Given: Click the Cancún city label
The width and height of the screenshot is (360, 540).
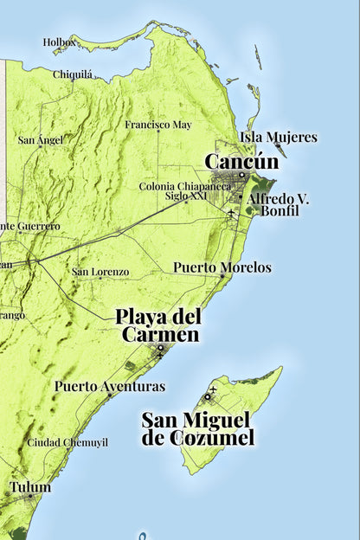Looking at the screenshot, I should (x=241, y=162).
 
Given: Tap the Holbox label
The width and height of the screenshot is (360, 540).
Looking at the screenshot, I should (x=60, y=42).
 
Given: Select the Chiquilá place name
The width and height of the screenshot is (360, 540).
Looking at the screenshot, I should (x=73, y=74).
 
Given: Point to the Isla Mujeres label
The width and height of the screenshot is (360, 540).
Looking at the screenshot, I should (x=279, y=137).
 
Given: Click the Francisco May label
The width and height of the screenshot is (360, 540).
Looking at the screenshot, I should (x=157, y=125).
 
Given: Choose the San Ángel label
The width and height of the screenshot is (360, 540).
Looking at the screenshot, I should (x=41, y=139).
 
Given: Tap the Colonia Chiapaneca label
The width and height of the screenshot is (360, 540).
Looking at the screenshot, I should (x=184, y=186).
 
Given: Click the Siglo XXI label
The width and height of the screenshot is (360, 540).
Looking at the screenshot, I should (x=188, y=196).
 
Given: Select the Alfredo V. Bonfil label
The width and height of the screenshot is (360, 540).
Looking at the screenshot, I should (x=279, y=204).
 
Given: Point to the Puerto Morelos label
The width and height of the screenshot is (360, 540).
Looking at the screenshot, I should (x=222, y=267).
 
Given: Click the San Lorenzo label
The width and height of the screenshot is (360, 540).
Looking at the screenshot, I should (x=100, y=272).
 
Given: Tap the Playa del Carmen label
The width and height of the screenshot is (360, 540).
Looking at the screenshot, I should (x=160, y=325).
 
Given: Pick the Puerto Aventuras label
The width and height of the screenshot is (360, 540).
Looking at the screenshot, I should (x=109, y=386).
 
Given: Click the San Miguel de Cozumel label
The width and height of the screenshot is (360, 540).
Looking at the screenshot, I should (x=198, y=429).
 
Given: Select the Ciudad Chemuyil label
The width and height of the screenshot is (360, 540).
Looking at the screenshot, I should (x=67, y=442).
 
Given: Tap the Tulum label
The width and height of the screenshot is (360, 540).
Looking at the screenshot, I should (x=30, y=487).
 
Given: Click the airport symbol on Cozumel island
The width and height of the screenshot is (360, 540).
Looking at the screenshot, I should (x=209, y=396).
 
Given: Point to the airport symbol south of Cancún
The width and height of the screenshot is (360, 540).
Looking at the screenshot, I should (x=232, y=213).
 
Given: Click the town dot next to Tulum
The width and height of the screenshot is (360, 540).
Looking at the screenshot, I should (x=30, y=497).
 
